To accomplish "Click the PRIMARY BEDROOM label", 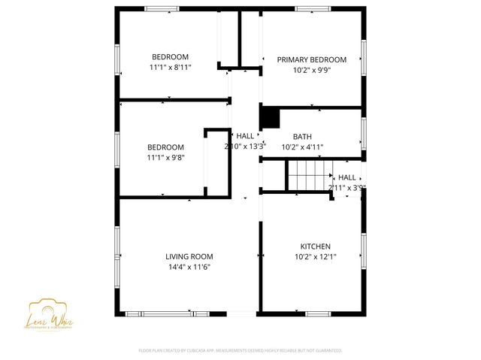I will point(311,59).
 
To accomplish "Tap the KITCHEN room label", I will point(315,247).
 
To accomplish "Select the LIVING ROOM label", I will point(189,256).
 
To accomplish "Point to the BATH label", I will point(302,137).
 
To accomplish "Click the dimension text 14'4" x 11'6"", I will point(189,266).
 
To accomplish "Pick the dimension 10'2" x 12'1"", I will point(315,256).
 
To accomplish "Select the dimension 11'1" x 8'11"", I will point(170,67).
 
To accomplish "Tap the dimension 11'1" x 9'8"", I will point(165,157).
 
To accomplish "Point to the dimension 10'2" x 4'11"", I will point(302,147).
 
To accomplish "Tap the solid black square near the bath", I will point(269,117).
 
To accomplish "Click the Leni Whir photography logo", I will point(52,313).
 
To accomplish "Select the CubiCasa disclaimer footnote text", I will point(240,350).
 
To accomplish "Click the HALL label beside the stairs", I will point(347,177).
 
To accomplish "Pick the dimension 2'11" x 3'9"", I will point(347,187).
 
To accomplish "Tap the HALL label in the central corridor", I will point(245,136).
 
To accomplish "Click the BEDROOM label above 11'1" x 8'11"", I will point(170,57).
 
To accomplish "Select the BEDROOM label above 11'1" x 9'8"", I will point(165,147).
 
